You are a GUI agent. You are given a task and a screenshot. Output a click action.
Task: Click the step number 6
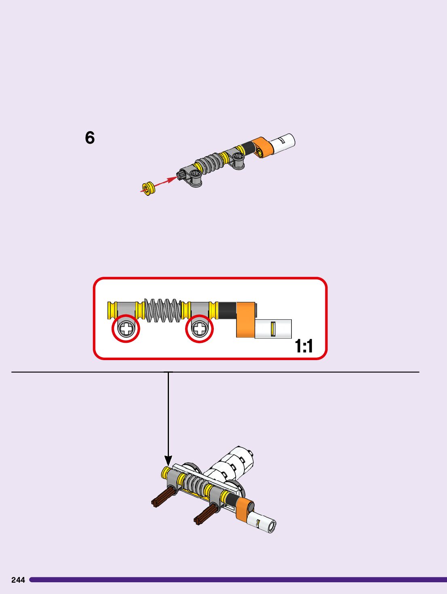pos(90,138)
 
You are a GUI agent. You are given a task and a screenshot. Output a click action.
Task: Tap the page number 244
pos(18,580)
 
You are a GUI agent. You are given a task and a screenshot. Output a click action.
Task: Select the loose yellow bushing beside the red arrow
pos(148,188)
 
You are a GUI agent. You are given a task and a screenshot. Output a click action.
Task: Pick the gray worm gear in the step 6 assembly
pos(209,163)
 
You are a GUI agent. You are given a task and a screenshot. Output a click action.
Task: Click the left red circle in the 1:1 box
pos(126,328)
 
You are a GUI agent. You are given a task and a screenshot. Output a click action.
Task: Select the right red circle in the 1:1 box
pos(199,328)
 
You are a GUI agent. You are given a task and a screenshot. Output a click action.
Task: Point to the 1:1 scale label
pos(304,346)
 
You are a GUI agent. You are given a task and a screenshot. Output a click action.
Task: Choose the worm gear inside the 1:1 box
pos(162,310)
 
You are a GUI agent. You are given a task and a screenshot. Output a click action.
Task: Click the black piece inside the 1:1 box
pos(227,310)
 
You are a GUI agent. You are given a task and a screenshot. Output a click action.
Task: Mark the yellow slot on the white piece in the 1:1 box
pos(273,329)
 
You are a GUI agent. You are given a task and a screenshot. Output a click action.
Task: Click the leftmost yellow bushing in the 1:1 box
pos(112,310)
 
